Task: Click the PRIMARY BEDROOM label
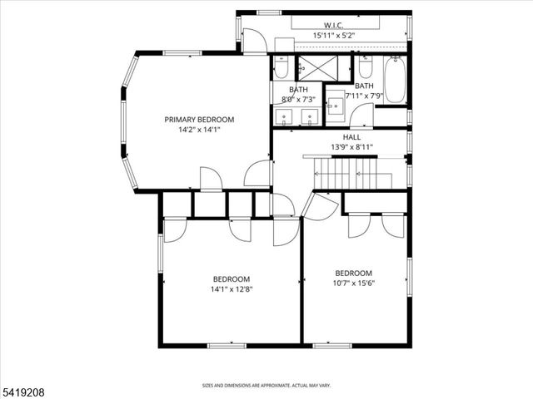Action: pos(198,120)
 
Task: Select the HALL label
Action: pos(351,136)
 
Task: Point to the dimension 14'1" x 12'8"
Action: pos(231,289)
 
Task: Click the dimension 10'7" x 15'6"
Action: pos(353,283)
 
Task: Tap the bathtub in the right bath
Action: pos(394,79)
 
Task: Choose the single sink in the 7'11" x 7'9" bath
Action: pos(335,105)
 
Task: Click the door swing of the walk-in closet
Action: pos(253,40)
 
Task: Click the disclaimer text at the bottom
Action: pos(266,386)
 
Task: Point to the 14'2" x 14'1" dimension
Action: pos(198,130)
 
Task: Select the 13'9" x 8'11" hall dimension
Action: pos(351,146)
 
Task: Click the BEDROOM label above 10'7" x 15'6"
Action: pos(353,273)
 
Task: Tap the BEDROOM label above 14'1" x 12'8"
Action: pos(231,279)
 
